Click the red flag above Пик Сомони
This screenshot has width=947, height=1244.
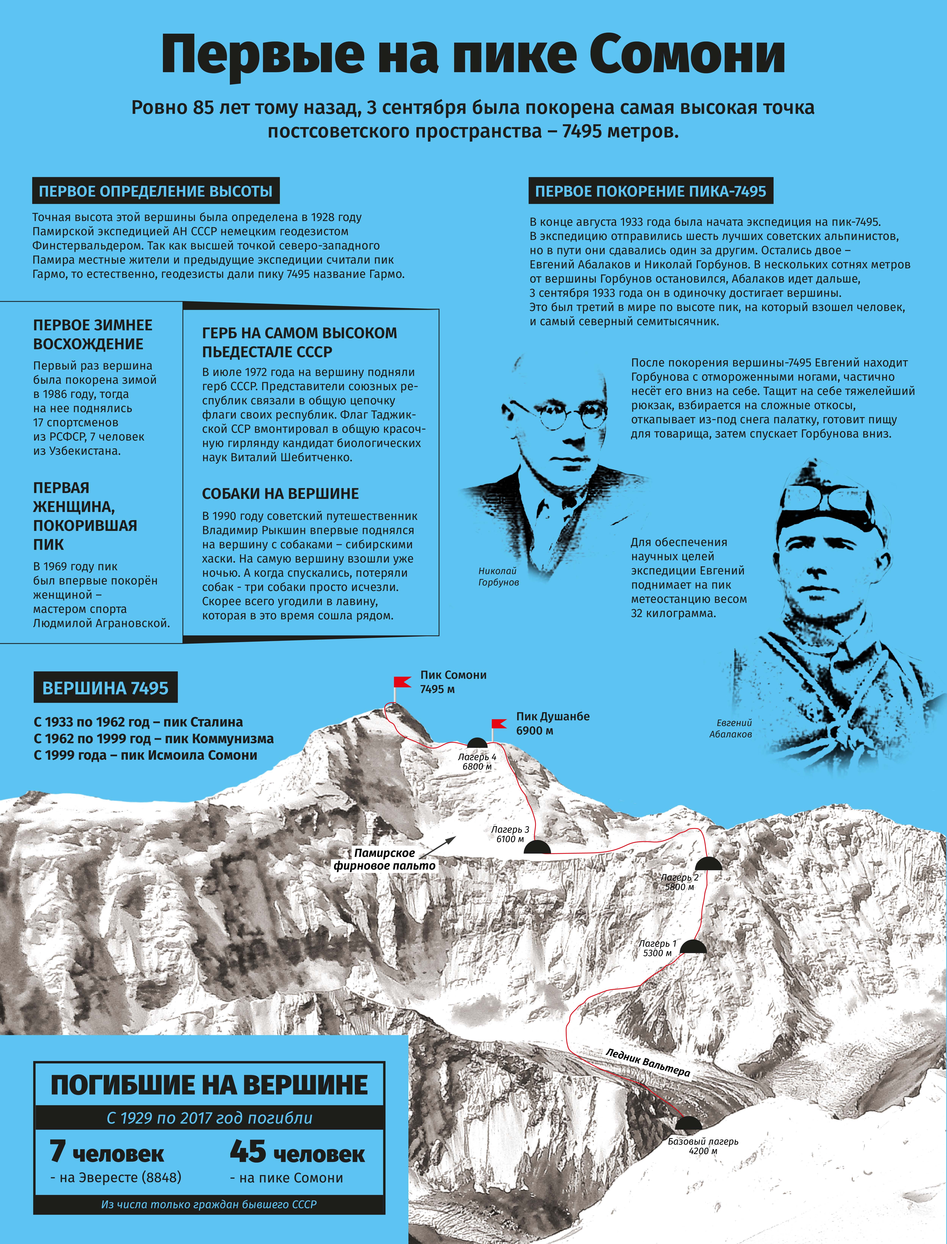[403, 682]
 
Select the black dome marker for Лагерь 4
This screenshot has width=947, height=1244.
[477, 743]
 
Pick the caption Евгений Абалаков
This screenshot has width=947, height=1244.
[731, 728]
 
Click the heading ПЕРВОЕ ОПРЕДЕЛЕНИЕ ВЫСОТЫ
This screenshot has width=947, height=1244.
[156, 191]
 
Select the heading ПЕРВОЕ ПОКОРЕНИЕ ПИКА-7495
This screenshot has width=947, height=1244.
[651, 191]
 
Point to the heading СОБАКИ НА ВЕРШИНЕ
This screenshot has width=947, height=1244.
[280, 494]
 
